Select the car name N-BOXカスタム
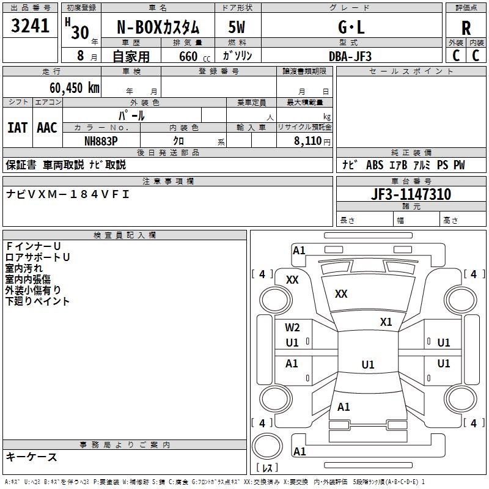click(x=158, y=27)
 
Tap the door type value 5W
click(x=238, y=27)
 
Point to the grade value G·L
click(x=351, y=27)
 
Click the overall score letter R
click(x=466, y=28)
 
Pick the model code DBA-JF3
click(x=350, y=56)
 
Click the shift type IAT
click(x=17, y=127)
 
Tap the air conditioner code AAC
click(x=46, y=127)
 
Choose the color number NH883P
click(x=101, y=141)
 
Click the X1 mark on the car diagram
click(x=386, y=322)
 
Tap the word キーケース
click(x=31, y=457)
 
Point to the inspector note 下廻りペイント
click(x=37, y=301)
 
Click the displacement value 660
click(x=188, y=56)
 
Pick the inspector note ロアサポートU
click(x=37, y=257)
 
